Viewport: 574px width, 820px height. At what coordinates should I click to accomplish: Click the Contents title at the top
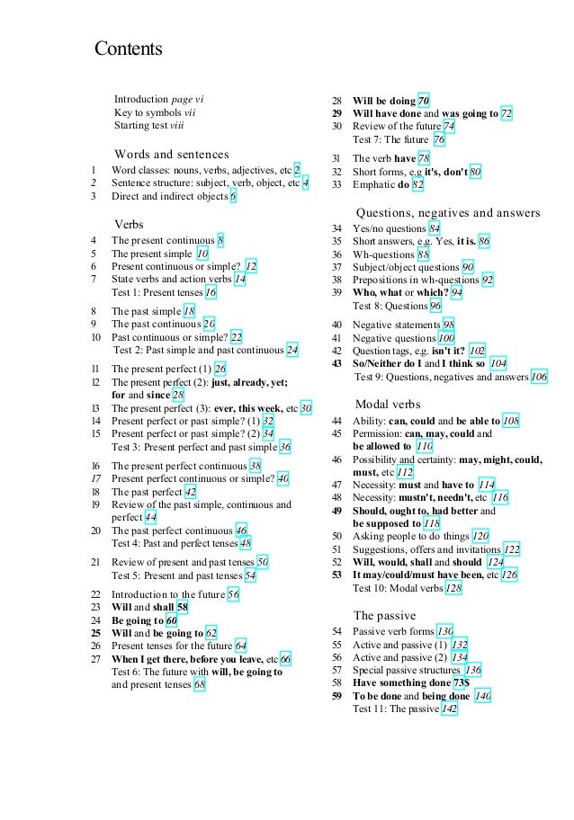pyautogui.click(x=129, y=49)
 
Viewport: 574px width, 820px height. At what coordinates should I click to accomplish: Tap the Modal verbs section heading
pyautogui.click(x=388, y=404)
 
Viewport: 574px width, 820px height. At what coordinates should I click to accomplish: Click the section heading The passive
pyautogui.click(x=384, y=616)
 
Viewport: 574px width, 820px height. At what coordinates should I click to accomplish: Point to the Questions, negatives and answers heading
pyautogui.click(x=448, y=213)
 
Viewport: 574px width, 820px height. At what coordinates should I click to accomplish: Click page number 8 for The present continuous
pyautogui.click(x=220, y=240)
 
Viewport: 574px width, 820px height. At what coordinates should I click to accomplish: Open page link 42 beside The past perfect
pyautogui.click(x=190, y=492)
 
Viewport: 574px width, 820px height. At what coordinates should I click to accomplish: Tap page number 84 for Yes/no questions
pyautogui.click(x=435, y=228)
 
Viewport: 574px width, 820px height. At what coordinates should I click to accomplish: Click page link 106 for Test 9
pyautogui.click(x=539, y=377)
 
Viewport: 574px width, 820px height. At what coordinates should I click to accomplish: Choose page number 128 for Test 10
pyautogui.click(x=453, y=587)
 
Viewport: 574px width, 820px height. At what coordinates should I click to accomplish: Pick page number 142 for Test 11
pyautogui.click(x=449, y=709)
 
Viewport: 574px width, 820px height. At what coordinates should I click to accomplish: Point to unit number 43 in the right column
pyautogui.click(x=336, y=363)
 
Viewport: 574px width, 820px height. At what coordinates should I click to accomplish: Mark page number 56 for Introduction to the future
pyautogui.click(x=233, y=594)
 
